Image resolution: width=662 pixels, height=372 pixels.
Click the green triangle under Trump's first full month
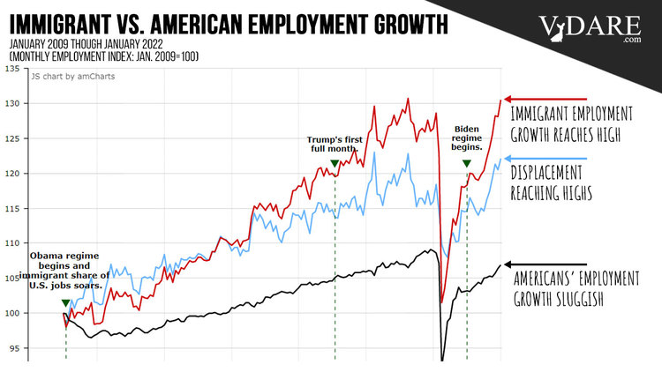point(335,163)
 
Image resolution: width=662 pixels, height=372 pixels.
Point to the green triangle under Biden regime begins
point(467,164)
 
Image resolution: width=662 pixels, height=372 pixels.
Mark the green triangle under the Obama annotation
point(65,303)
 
